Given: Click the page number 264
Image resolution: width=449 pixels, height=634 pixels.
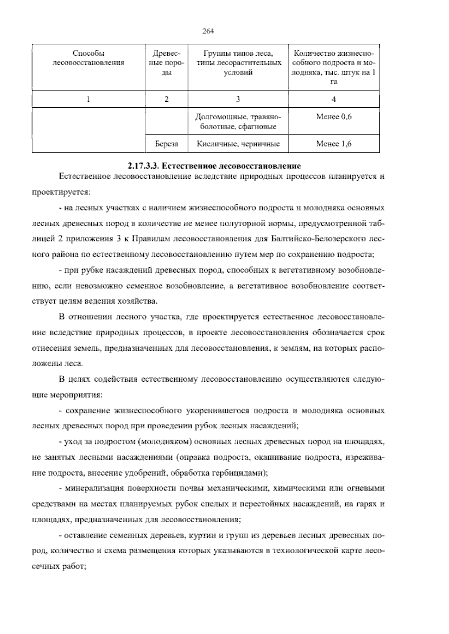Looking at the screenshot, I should point(208,31).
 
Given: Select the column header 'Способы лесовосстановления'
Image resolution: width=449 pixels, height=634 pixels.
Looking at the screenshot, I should point(88,58).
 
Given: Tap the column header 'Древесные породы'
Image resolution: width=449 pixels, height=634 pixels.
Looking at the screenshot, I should point(167,63).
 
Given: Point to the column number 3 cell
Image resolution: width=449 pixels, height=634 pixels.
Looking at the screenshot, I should point(238,99).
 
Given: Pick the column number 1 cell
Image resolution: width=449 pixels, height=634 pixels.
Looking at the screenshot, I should point(88,99).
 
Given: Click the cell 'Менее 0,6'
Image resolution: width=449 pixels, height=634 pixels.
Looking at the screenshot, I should point(334,117).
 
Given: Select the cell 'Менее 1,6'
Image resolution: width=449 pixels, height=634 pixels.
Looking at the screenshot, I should point(334,144).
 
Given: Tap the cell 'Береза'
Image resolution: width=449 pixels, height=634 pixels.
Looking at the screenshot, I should point(167,144).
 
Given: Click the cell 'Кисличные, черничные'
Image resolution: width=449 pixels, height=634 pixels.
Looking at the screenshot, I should point(238,144).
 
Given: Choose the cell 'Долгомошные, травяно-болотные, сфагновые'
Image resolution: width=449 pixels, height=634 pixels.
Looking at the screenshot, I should point(238,121).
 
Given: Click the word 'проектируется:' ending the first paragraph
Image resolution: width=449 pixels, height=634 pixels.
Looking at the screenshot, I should point(60,192).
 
